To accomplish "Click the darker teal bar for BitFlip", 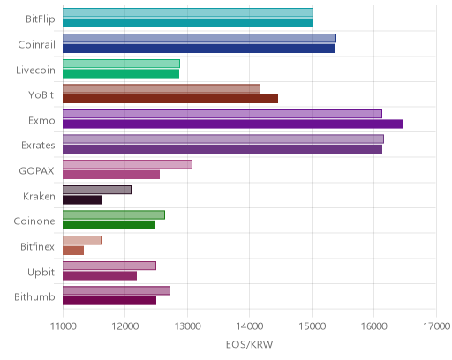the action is click(x=187, y=23).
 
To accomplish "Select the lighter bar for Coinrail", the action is click(x=200, y=38).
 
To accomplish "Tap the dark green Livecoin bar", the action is click(x=121, y=74).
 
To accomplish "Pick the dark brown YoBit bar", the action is click(x=170, y=99).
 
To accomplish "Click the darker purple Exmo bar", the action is click(x=232, y=124).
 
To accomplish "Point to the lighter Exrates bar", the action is click(x=223, y=139).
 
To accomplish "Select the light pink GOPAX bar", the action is click(x=127, y=164).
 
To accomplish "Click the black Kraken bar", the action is click(x=82, y=200).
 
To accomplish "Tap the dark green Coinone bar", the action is click(x=109, y=225).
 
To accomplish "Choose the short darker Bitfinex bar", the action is click(x=73, y=251).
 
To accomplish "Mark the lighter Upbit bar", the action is click(x=109, y=266).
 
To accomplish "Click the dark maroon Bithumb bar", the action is click(x=109, y=301).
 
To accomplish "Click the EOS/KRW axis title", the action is click(x=249, y=344).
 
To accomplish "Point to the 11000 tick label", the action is click(x=63, y=326).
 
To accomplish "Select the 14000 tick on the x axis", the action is click(x=250, y=326).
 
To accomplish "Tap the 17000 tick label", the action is click(x=436, y=326).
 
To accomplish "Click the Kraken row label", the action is click(x=39, y=196).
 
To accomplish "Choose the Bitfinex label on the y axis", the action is click(x=37, y=246).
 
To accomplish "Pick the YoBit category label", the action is click(x=41, y=95).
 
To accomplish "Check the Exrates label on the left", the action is click(x=38, y=146).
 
